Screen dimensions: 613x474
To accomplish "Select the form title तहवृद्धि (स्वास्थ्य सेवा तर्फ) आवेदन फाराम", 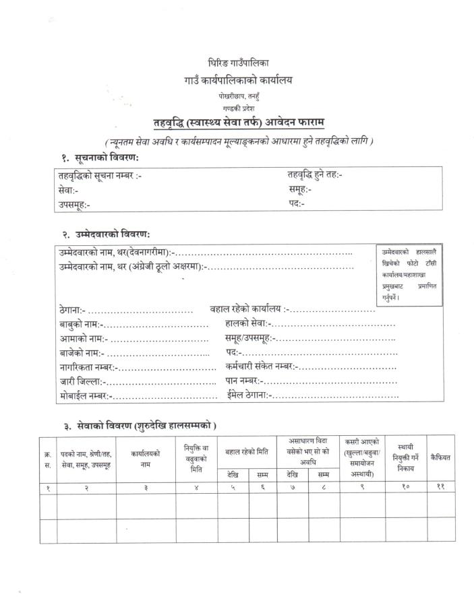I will pos(239,122).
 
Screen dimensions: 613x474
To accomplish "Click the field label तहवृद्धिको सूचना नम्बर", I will pos(100,176).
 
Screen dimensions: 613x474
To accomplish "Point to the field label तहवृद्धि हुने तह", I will pos(315,175).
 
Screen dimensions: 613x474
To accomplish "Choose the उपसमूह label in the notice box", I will pos(74,204).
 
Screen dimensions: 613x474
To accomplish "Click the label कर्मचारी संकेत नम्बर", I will pos(261,366).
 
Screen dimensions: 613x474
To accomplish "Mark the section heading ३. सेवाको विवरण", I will pos(140,426).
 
